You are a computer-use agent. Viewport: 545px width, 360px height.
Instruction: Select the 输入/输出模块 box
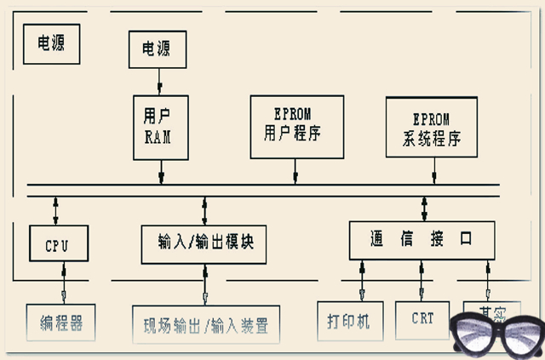pos(205,243)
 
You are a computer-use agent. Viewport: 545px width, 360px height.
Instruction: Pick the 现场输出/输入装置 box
pos(206,324)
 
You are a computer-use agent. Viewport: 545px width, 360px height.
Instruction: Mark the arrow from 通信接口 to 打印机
pos(362,280)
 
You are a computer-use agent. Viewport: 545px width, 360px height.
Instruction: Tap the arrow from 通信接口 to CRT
pos(421,280)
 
